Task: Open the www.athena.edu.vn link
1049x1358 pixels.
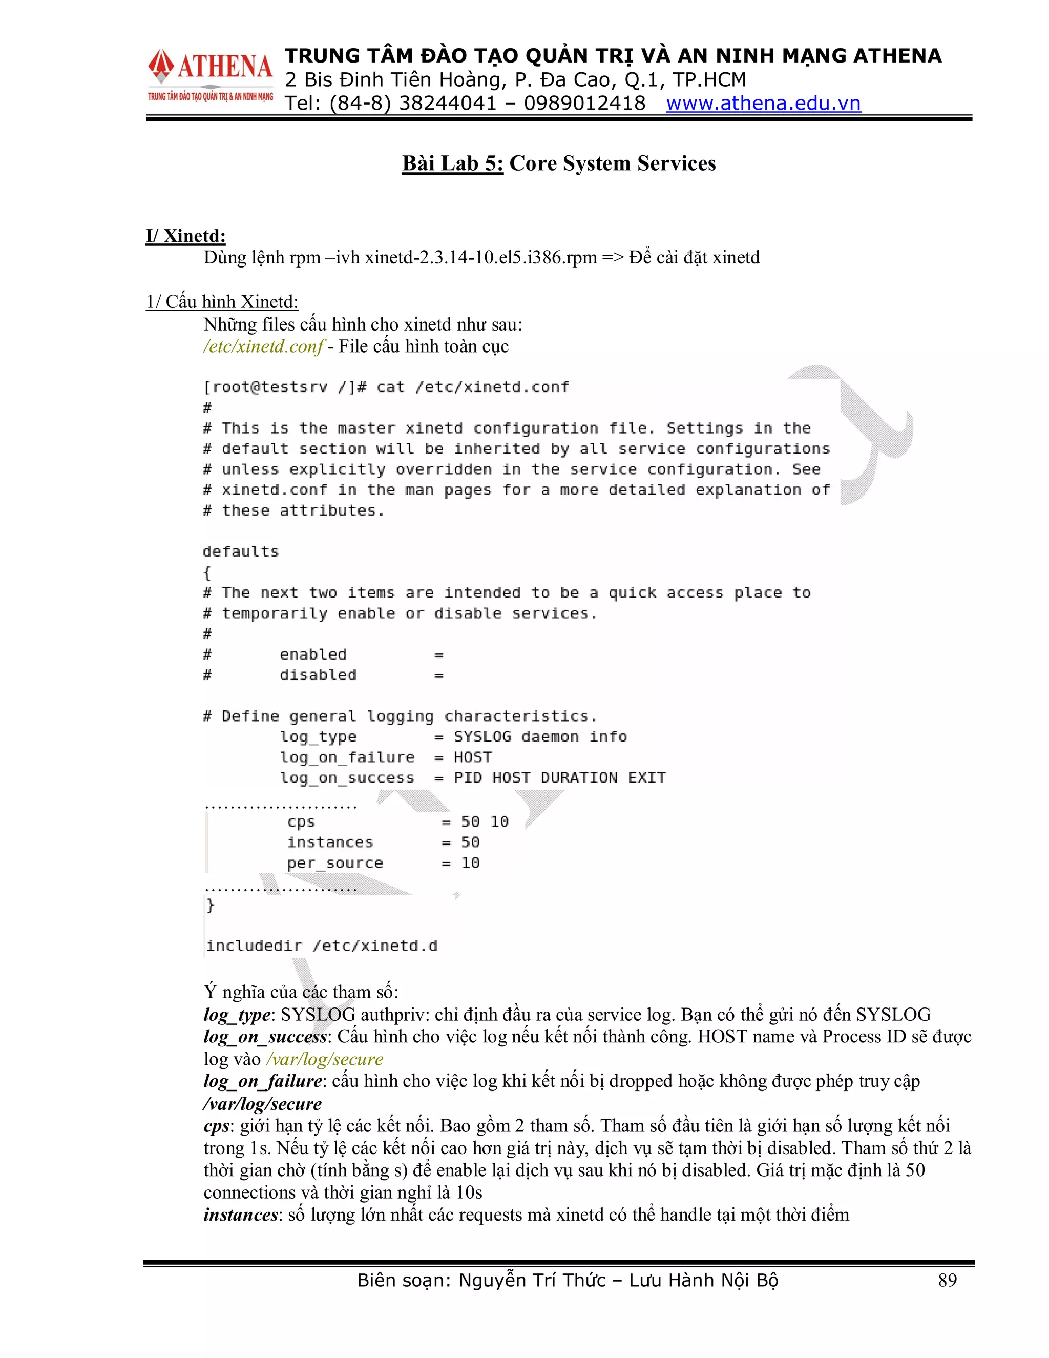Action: tap(763, 103)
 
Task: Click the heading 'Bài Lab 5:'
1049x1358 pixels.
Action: tap(452, 163)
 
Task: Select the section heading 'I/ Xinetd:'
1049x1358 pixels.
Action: tap(186, 236)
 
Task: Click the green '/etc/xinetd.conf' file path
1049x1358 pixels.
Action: tap(263, 346)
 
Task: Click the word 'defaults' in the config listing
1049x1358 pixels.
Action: tap(241, 551)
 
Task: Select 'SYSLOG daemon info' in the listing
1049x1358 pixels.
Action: tap(540, 737)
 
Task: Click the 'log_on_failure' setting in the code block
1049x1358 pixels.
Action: tap(347, 757)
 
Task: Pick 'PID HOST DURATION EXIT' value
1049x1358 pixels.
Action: tap(559, 778)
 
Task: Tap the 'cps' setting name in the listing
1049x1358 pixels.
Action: tap(301, 822)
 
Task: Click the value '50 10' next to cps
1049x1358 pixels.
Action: tap(485, 822)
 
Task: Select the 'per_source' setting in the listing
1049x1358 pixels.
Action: tap(335, 863)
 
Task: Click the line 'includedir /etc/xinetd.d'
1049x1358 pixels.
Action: tap(322, 946)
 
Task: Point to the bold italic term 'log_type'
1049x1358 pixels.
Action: tap(237, 1015)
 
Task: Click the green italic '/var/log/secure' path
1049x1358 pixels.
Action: tap(324, 1059)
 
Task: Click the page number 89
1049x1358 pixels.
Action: tap(947, 1280)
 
